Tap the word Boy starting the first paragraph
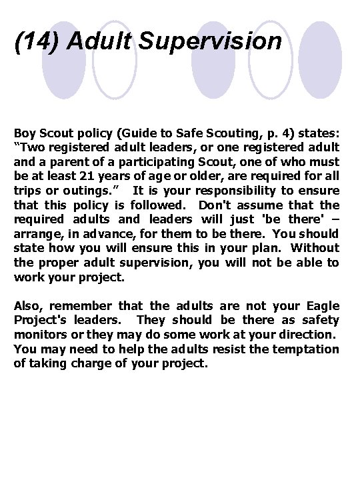click(x=25, y=133)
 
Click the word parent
click(x=76, y=162)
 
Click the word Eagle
click(x=322, y=306)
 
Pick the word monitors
click(x=39, y=335)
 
